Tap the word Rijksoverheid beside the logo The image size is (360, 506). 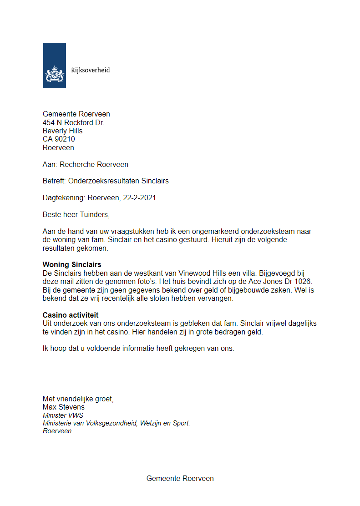click(x=90, y=70)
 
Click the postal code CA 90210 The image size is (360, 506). click(x=59, y=139)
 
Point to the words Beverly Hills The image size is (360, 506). click(x=62, y=131)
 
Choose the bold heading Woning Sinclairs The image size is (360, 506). click(x=72, y=264)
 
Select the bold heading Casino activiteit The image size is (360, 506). click(x=71, y=315)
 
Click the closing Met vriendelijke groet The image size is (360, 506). click(x=78, y=399)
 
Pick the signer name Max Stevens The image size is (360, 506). click(x=63, y=407)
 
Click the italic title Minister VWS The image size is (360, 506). click(x=63, y=415)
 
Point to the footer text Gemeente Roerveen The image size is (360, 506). click(x=180, y=478)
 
